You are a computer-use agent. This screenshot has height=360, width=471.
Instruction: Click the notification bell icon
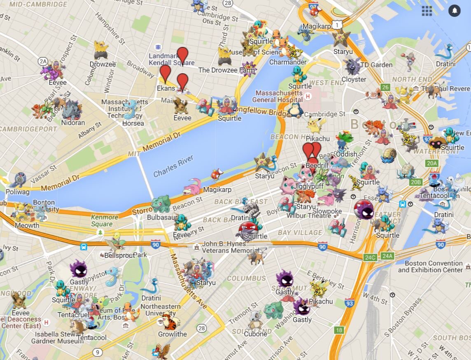454,10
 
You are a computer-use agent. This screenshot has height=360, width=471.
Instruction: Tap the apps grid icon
427,11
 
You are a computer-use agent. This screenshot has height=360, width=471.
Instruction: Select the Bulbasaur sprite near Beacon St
161,203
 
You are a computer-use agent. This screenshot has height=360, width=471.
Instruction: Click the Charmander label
288,62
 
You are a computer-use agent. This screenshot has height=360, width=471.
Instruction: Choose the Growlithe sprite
171,322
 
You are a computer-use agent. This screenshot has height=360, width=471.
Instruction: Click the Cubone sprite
255,321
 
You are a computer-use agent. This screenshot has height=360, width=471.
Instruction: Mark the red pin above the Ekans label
165,73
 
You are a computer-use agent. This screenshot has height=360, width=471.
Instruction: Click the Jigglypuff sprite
307,173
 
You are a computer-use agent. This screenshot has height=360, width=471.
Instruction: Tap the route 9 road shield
98,352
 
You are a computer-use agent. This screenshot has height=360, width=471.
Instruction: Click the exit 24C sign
370,257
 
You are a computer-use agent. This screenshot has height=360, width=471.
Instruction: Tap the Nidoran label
73,122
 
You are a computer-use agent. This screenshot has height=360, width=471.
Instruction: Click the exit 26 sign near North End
385,87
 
